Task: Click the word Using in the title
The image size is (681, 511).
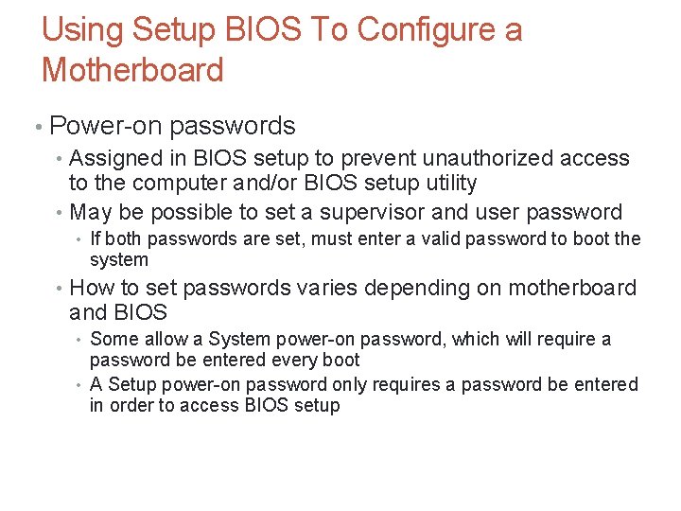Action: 82,30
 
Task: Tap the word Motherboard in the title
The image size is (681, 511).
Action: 132,70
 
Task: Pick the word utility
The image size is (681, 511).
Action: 451,183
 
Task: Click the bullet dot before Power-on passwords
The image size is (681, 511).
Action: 36,127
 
